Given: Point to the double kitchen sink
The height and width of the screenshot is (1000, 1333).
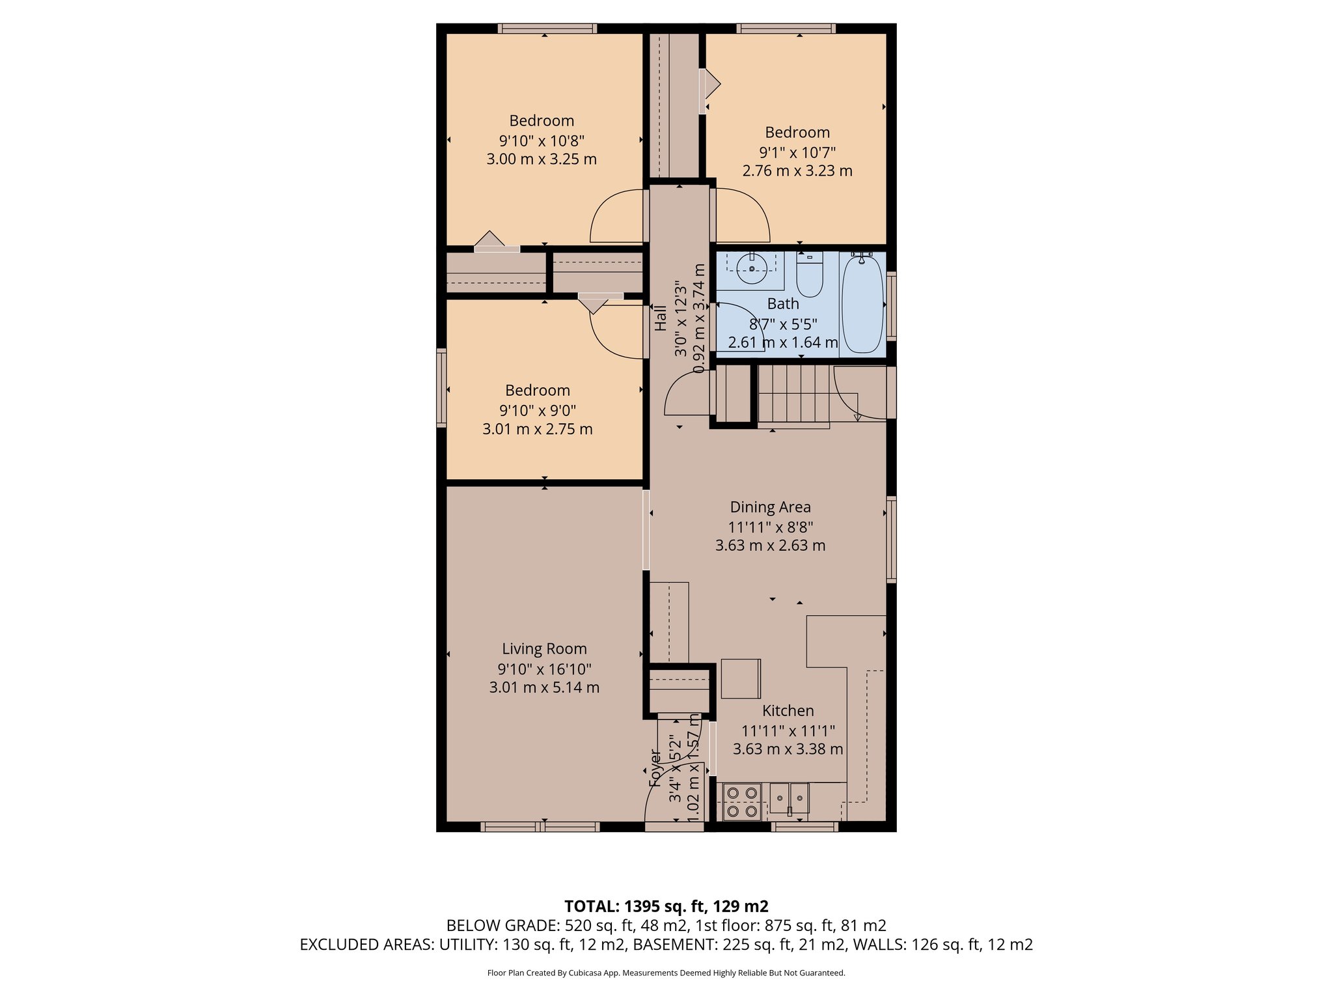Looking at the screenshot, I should click(790, 798).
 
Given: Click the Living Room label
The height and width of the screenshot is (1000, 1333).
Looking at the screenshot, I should click(544, 649).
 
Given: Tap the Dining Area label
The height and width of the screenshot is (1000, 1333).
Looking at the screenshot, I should click(770, 507).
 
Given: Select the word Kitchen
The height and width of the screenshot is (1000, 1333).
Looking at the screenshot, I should click(788, 711).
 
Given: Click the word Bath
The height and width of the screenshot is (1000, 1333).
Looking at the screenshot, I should click(782, 304).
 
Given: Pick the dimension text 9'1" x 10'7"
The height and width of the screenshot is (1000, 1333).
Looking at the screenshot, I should click(797, 152).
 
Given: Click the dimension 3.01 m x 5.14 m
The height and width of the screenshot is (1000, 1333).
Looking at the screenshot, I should click(544, 687).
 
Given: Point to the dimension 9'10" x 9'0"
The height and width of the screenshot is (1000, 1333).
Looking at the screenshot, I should click(538, 410).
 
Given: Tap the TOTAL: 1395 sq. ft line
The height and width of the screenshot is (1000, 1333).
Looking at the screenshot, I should click(666, 906).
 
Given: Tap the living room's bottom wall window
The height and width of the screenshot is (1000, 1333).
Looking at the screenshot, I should click(540, 827).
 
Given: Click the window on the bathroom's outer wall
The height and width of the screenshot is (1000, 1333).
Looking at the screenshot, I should click(892, 306).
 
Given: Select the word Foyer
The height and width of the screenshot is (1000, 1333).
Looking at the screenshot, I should click(655, 768).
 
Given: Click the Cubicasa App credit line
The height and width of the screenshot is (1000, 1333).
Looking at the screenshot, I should click(666, 973).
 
